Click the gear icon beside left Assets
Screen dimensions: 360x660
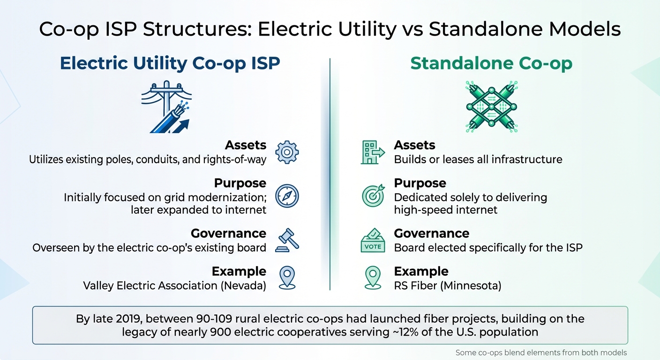[287, 152]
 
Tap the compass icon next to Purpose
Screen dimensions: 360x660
[287, 196]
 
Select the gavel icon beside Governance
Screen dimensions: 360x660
[287, 240]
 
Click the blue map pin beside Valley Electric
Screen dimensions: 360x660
[287, 277]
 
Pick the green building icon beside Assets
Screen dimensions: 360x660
[372, 152]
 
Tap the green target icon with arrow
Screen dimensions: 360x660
[373, 195]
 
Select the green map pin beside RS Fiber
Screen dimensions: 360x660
[373, 277]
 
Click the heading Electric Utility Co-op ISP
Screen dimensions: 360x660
[170, 63]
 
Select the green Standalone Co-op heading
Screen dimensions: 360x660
[491, 63]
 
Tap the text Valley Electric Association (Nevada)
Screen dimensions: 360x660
[174, 285]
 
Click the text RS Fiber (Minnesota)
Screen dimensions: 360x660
[447, 285]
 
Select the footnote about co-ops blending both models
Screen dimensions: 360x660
[541, 352]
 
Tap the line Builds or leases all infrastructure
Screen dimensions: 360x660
[478, 159]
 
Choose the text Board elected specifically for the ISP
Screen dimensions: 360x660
[488, 247]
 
